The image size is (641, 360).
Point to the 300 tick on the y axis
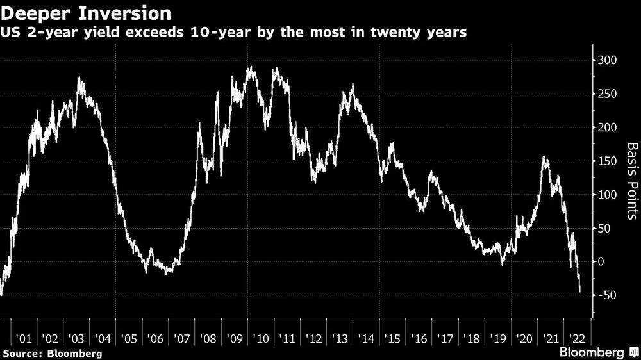click(x=607, y=61)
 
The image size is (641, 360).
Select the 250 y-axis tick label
click(x=607, y=94)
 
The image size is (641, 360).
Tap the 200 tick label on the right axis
click(x=607, y=127)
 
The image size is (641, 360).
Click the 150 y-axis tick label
click(x=607, y=161)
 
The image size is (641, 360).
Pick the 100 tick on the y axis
click(x=607, y=194)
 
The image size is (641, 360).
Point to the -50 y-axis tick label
click(x=606, y=295)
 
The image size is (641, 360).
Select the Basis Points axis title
click(x=632, y=181)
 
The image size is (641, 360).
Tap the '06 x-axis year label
click(x=154, y=338)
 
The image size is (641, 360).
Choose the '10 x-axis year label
click(x=260, y=338)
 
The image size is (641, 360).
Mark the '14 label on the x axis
click(x=366, y=338)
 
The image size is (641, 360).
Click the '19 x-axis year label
click(x=498, y=338)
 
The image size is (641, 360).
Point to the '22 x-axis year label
click(x=577, y=338)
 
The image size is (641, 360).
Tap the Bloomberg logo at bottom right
click(x=599, y=352)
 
